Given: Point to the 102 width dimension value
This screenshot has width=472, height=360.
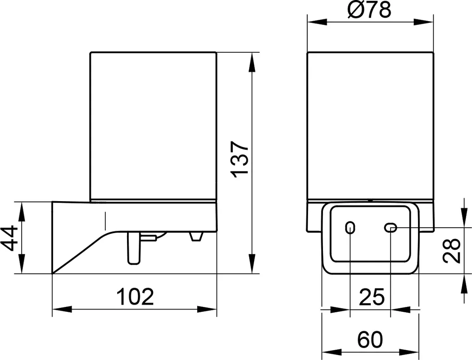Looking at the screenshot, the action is pos(135,297).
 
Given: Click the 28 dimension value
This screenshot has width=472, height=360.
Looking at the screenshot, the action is pos(452,251).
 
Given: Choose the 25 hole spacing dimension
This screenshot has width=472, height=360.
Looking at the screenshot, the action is pos(372,297).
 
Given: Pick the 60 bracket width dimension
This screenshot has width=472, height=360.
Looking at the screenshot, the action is pos(370,340).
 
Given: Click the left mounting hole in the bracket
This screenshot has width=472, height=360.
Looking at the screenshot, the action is pos(350,228).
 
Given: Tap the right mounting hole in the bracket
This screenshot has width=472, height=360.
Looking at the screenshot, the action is pos(390,228).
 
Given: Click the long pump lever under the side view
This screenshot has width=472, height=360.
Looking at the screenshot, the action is pos(133,248).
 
